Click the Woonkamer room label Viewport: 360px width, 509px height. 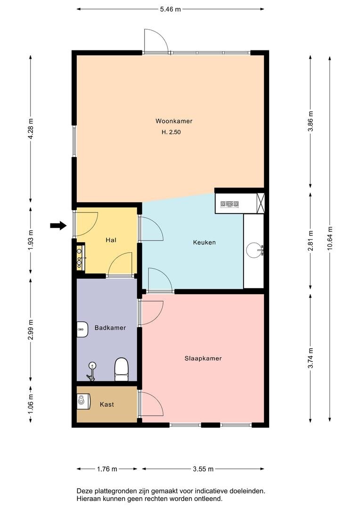(174, 122)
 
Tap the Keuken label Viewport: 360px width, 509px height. (204, 243)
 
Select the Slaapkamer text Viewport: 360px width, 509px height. (203, 359)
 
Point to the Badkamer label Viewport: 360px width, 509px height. (110, 328)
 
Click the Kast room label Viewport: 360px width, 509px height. (107, 404)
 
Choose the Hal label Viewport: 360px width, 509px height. (111, 240)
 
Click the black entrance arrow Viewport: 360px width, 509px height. (58, 226)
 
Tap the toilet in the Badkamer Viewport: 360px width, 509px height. (122, 369)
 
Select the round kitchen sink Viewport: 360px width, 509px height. (254, 250)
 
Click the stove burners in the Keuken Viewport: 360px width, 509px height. (230, 204)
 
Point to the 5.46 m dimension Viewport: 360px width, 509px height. (171, 9)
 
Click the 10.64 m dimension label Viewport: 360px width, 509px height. (330, 238)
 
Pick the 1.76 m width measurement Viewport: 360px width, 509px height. (107, 469)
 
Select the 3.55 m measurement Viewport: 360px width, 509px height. (203, 469)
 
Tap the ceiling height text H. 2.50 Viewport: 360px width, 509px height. (171, 132)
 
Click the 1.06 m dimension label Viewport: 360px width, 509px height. (31, 404)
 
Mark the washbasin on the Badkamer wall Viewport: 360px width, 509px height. (82, 329)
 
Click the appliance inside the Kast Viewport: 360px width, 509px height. (84, 400)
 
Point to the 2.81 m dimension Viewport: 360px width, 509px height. (311, 240)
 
